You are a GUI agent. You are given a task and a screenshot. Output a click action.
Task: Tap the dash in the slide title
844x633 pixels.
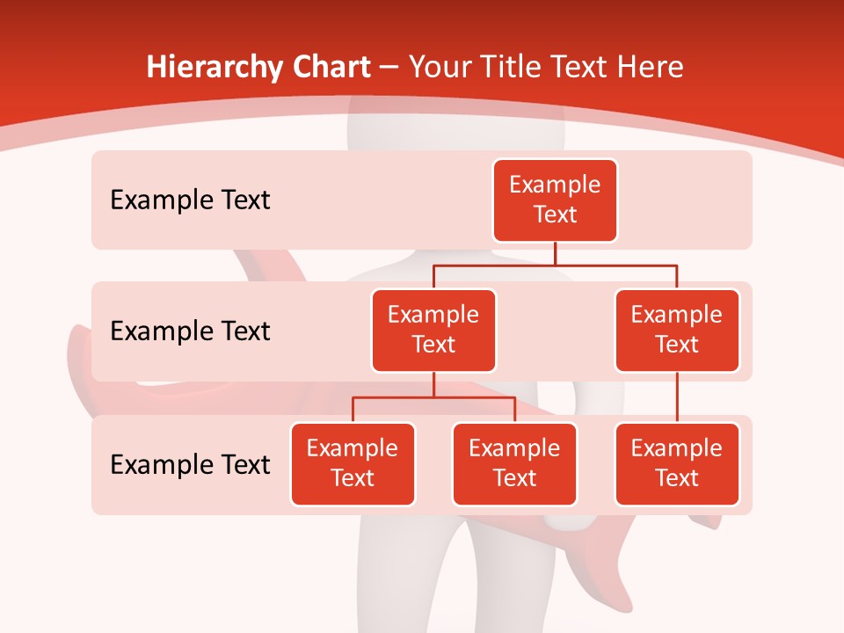coord(389,68)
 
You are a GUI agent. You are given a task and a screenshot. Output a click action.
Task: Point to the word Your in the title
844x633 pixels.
coord(439,68)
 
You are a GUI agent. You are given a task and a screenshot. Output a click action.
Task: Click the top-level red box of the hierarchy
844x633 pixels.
coord(555,200)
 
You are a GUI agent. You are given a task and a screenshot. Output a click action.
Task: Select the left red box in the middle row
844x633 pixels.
coord(433,331)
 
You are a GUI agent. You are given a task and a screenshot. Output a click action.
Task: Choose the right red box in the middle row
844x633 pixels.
coord(677,331)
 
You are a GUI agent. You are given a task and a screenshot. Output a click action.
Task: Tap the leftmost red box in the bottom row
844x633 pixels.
coord(353,464)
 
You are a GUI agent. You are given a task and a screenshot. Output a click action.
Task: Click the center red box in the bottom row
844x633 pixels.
coord(514,464)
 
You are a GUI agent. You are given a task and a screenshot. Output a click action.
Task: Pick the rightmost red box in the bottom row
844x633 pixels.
coord(677,464)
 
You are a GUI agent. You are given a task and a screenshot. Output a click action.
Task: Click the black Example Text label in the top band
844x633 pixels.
coord(190,200)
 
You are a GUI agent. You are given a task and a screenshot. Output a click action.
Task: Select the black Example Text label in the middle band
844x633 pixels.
coord(190,331)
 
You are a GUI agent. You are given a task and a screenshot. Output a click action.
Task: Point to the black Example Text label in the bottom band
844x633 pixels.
coord(190,464)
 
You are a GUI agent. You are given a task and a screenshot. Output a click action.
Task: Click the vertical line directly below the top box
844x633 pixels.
coord(555,253)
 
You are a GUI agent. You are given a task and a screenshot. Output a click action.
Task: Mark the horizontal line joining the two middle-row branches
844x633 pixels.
coord(615,264)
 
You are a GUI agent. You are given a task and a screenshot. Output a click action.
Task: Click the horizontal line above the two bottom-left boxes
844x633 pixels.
coord(475,397)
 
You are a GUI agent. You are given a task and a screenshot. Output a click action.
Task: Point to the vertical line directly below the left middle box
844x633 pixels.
coord(433,384)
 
